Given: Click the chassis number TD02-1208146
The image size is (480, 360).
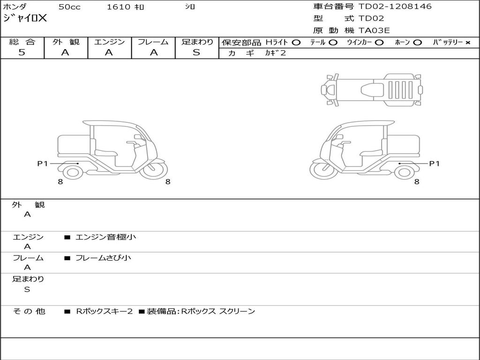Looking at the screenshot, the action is tap(395, 7).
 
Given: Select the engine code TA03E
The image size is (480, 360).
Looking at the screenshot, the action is tap(374, 31).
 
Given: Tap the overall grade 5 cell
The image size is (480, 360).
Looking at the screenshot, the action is tap(22, 52).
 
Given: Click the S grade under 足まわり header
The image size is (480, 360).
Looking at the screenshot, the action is tap(196, 52).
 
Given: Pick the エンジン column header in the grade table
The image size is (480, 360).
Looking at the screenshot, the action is tap(109, 42).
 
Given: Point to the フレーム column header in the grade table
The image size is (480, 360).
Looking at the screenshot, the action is tap(153, 42).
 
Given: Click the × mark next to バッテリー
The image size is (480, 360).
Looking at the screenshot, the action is tap(467, 42).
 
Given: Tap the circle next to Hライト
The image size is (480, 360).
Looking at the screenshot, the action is tap(296, 42).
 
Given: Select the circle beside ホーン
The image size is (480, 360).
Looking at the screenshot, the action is tap(417, 42).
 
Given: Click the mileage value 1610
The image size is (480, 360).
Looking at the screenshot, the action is tap(119, 7).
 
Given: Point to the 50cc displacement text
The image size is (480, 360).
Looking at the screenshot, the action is tap(69, 7).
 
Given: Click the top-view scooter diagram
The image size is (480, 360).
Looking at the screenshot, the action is tap(371, 89).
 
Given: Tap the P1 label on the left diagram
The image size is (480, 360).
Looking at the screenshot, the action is tap(43, 163).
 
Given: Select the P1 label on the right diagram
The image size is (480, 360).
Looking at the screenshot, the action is tap(435, 163).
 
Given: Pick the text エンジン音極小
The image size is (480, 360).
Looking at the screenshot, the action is tap(105, 237).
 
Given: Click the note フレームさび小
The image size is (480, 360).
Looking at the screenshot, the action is tap(103, 258).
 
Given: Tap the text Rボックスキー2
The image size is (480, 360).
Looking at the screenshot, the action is tap(105, 311).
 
